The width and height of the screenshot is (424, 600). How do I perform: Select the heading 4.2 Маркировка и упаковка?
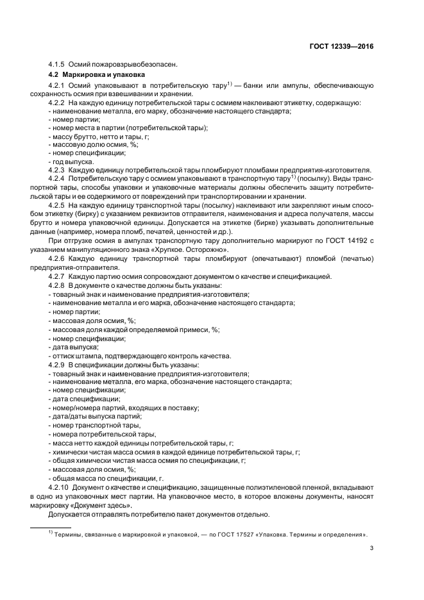(x=89, y=74)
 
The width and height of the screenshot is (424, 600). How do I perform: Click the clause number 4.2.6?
(x=57, y=259)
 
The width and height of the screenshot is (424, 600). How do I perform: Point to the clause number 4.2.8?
(x=57, y=284)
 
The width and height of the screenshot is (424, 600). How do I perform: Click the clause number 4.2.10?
(x=59, y=488)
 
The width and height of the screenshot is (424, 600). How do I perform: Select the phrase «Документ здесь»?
(x=107, y=506)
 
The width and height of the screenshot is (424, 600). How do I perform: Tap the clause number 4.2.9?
(x=57, y=364)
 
